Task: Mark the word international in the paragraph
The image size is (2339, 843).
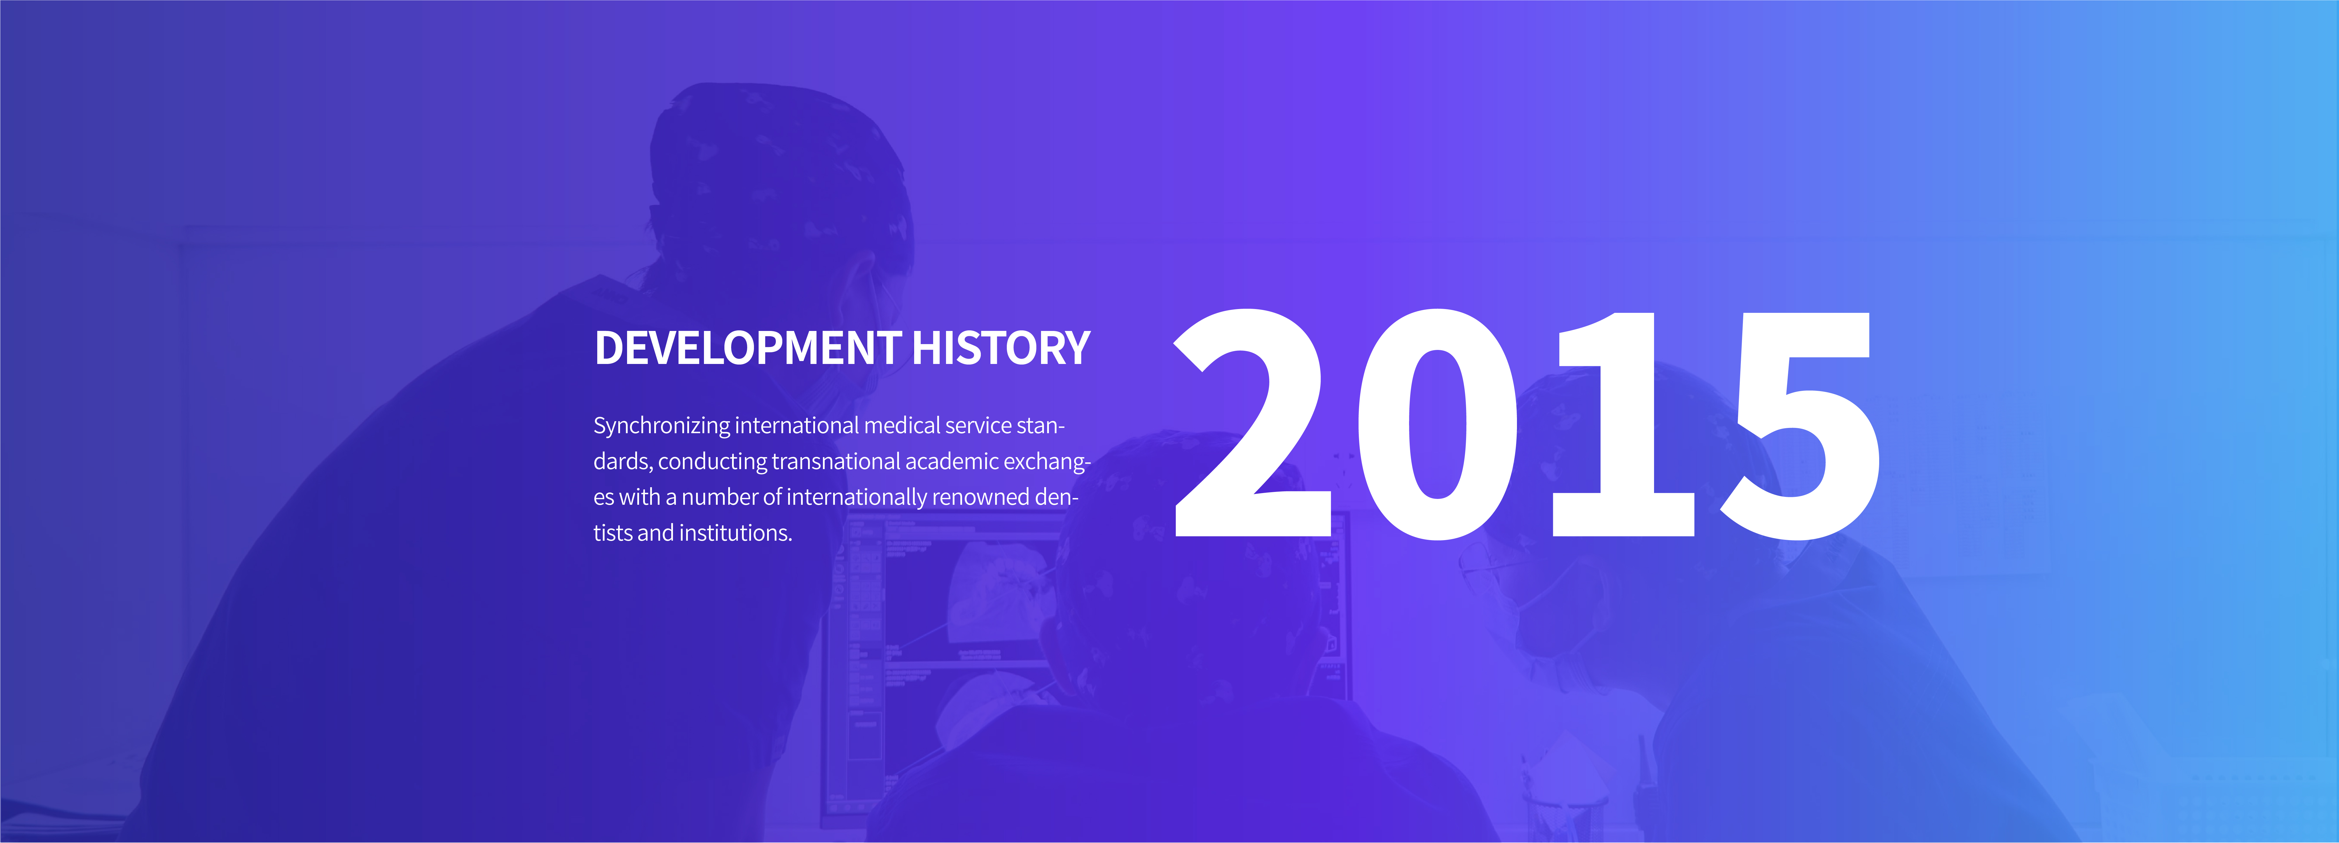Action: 796,426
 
